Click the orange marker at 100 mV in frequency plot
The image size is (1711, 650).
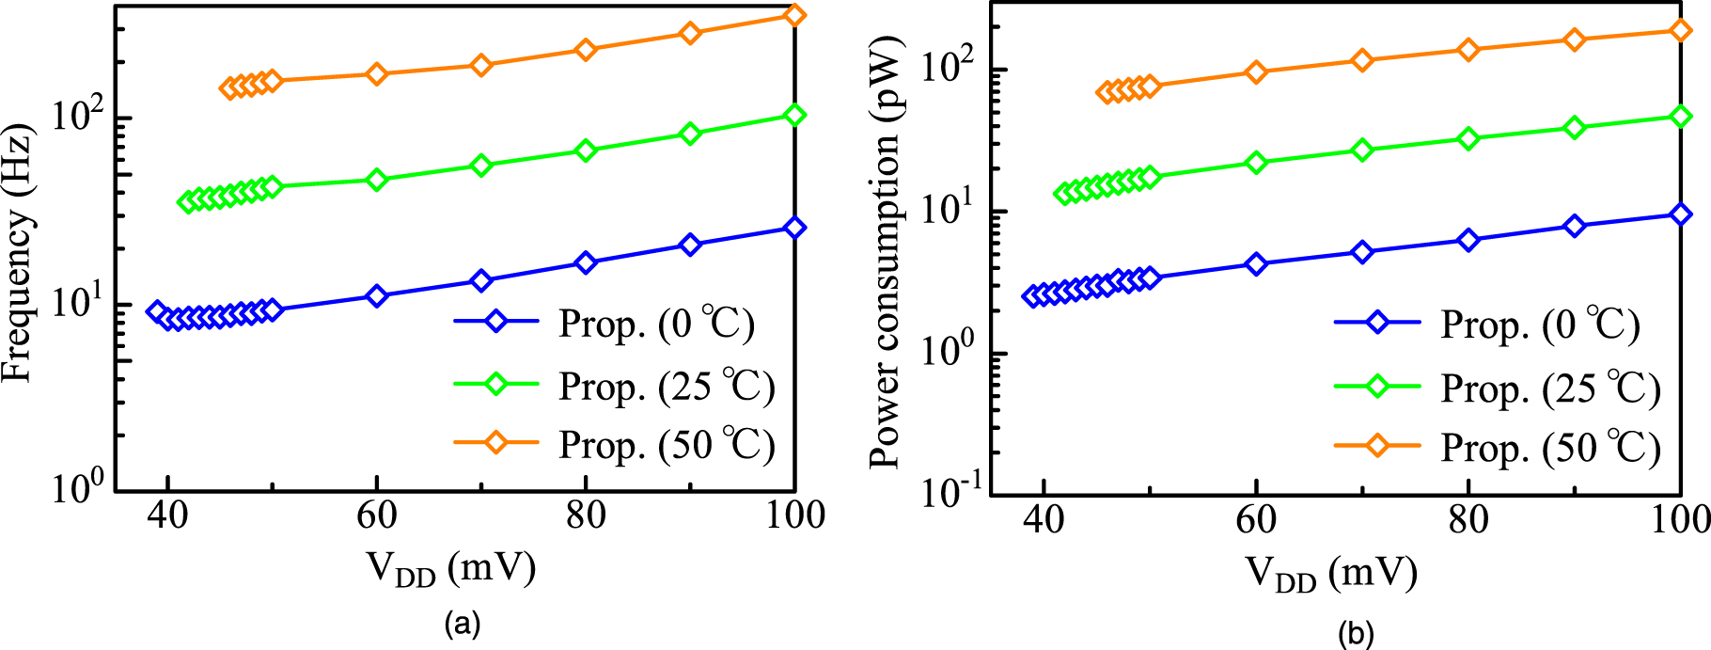[x=794, y=15]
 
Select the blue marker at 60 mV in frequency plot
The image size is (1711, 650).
[x=377, y=296]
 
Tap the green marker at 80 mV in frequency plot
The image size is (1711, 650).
[x=586, y=151]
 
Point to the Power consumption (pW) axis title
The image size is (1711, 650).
[x=885, y=252]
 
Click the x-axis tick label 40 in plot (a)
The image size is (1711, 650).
[x=168, y=515]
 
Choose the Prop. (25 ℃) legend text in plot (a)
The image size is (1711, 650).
[x=667, y=386]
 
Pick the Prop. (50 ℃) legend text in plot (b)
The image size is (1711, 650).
[x=1550, y=448]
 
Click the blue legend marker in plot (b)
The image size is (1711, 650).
[x=1376, y=323]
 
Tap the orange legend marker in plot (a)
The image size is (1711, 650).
[x=496, y=442]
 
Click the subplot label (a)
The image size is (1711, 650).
[x=463, y=623]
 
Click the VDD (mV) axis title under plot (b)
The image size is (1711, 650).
[x=1331, y=573]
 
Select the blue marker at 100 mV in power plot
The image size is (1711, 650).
[x=1680, y=214]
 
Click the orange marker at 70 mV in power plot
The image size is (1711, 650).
[x=1362, y=61]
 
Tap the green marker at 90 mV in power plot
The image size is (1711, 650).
[x=1575, y=128]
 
